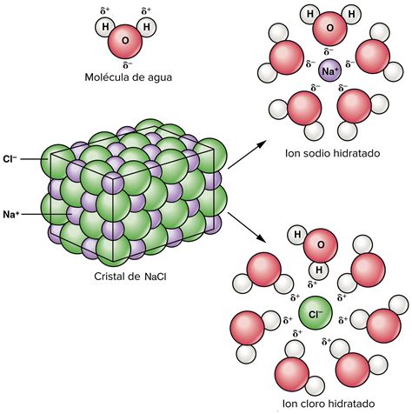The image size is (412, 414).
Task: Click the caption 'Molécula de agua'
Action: (128, 77)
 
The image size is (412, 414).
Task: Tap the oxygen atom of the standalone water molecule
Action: (125, 42)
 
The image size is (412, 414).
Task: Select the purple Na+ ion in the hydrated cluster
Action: (330, 70)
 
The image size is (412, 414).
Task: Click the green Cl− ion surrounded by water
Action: (316, 313)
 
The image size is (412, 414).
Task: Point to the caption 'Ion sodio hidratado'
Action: (332, 153)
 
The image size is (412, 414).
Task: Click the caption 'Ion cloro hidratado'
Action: (329, 404)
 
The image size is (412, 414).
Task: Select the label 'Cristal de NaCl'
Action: (130, 277)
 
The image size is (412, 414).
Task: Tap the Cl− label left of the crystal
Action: (10, 159)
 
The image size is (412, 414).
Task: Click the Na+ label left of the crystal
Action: (11, 215)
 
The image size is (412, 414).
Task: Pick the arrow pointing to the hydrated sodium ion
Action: (247, 154)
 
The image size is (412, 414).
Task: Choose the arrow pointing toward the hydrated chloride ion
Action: (247, 227)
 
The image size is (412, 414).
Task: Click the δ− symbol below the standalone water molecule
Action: (128, 64)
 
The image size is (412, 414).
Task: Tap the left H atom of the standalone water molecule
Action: (105, 27)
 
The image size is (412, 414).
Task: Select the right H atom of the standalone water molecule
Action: (147, 27)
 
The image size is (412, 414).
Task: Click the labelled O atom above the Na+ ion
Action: (330, 28)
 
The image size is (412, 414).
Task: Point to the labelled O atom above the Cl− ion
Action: (321, 245)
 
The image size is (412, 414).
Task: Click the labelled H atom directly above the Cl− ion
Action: (319, 270)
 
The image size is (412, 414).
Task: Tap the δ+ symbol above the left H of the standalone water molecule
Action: (105, 11)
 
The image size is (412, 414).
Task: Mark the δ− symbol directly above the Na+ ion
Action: (329, 51)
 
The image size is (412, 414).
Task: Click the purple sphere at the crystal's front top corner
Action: (113, 183)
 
